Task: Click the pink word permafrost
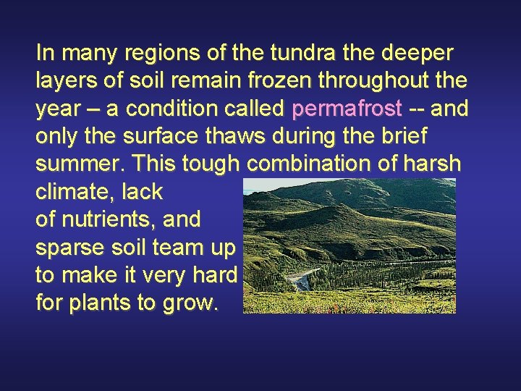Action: [x=347, y=109]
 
